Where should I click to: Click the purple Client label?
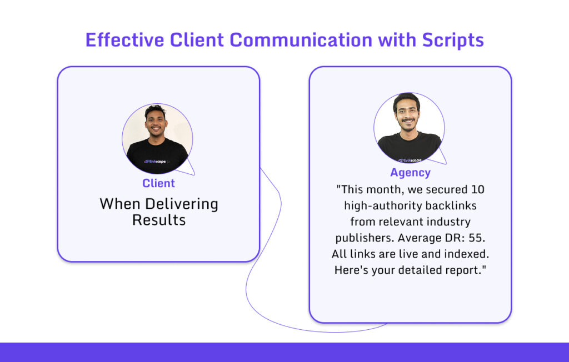(x=158, y=183)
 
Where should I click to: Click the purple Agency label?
(x=410, y=173)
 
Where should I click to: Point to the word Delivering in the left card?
(x=180, y=204)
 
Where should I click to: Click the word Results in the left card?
(x=158, y=220)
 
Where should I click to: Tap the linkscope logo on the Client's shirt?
(x=157, y=161)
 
